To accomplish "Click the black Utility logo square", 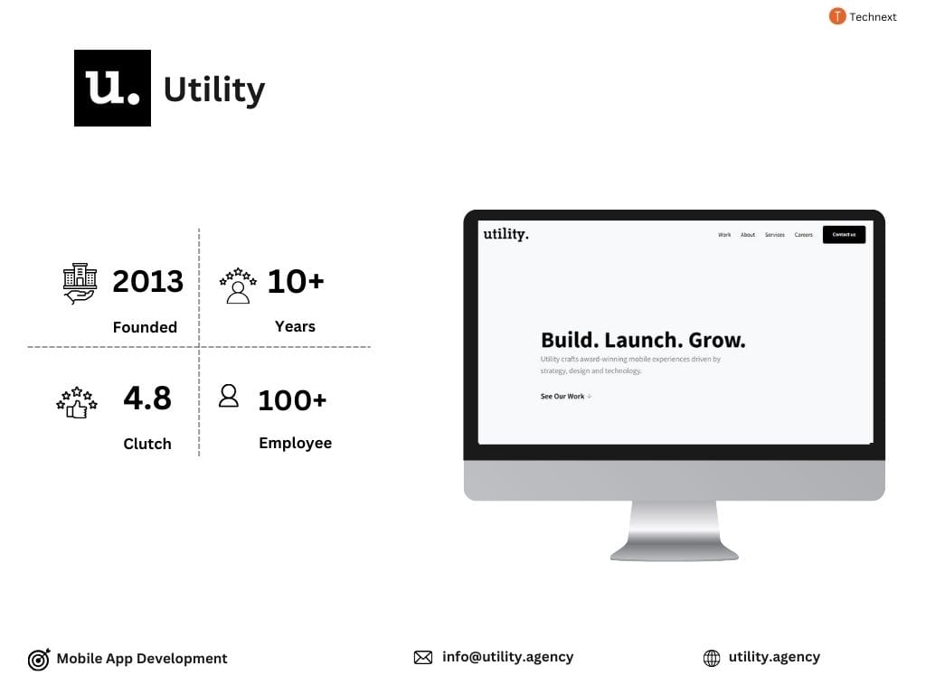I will click(x=112, y=88).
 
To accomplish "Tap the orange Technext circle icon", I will click(x=837, y=16).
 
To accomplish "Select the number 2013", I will click(x=147, y=281).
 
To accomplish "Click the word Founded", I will click(x=145, y=327).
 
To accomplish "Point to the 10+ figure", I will click(x=295, y=281).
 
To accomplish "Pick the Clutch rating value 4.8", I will click(x=147, y=398).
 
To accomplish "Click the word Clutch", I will click(x=147, y=444).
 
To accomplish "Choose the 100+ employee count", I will click(x=292, y=399).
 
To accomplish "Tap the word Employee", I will click(x=295, y=443).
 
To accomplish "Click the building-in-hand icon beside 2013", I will click(x=80, y=283).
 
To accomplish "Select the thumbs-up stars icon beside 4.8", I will click(x=76, y=402).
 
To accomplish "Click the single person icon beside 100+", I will click(x=229, y=396).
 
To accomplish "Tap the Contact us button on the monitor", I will click(x=844, y=235).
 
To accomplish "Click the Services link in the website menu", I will click(x=775, y=235).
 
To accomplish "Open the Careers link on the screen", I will click(x=804, y=235).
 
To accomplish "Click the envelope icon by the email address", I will click(x=423, y=658).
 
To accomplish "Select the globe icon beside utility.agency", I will click(x=712, y=659).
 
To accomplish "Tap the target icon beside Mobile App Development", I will click(x=39, y=660).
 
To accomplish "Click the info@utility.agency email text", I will click(x=507, y=657).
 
